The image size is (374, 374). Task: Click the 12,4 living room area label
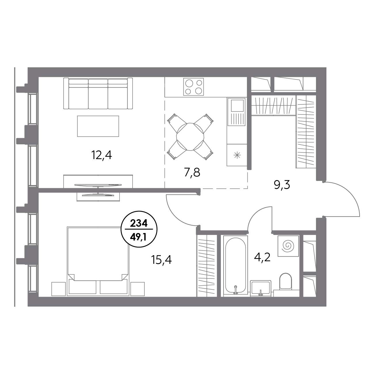click(x=102, y=155)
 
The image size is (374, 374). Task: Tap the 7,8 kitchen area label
click(x=192, y=172)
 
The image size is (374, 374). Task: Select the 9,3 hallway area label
click(x=282, y=185)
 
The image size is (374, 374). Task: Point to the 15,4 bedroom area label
click(x=161, y=260)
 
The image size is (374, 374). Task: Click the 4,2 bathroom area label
click(x=262, y=257)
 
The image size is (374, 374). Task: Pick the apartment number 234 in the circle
click(x=139, y=224)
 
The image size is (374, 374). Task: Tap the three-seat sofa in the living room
click(x=98, y=93)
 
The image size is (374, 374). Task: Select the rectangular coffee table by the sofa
click(x=98, y=126)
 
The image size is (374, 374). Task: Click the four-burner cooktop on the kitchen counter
click(x=194, y=87)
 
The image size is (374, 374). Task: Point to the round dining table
click(x=190, y=137)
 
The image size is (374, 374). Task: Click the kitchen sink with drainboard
click(x=237, y=112)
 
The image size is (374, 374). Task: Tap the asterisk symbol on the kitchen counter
click(x=237, y=155)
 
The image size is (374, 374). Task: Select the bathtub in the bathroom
click(x=236, y=266)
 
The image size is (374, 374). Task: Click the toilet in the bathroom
click(x=285, y=281)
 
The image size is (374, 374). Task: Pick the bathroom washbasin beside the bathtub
click(x=261, y=288)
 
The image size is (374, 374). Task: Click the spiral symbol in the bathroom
click(x=288, y=246)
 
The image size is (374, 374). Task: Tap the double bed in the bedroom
click(x=98, y=261)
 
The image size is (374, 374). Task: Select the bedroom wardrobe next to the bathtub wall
click(x=207, y=266)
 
